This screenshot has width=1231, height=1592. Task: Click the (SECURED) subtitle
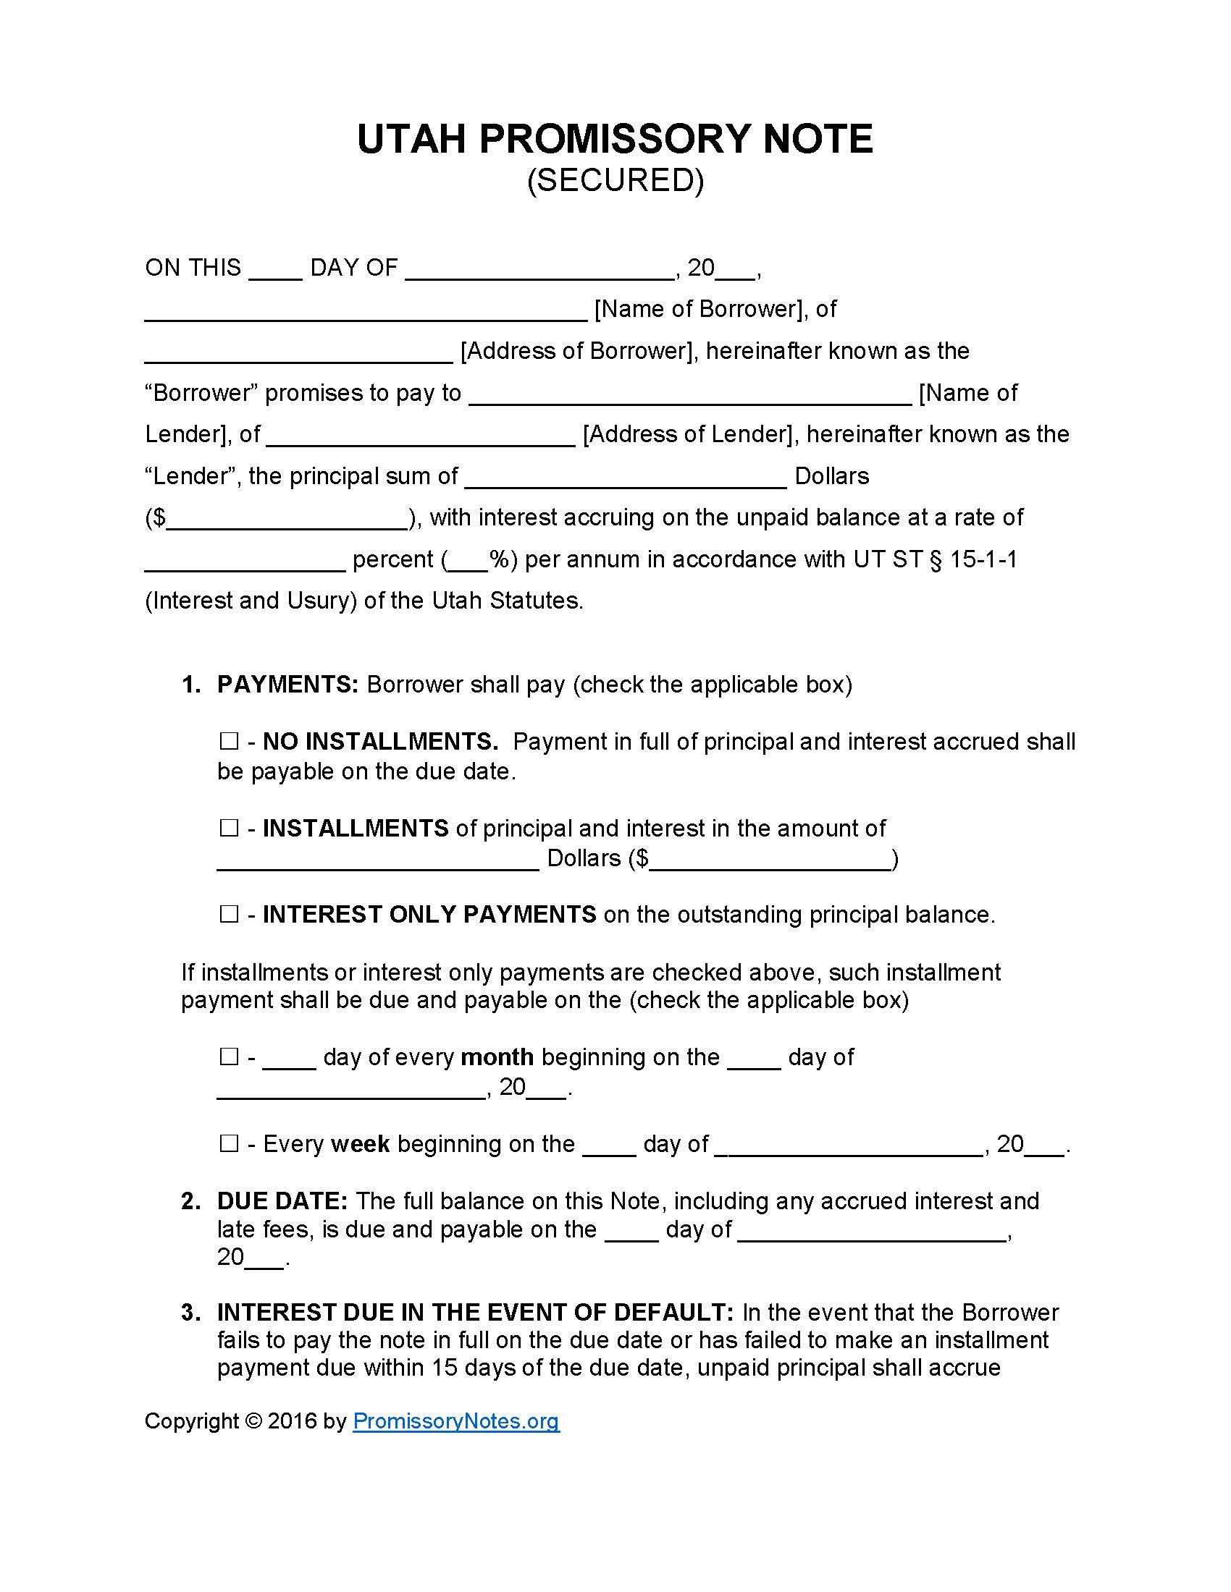click(615, 180)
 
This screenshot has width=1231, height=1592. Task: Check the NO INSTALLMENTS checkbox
click(229, 742)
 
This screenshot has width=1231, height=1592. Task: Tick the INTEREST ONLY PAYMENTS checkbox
click(229, 914)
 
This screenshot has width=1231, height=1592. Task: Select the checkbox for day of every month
click(229, 1057)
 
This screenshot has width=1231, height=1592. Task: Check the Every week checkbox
click(229, 1143)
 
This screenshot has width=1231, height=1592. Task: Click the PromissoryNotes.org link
click(455, 1420)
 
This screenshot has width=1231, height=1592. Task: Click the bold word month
click(497, 1057)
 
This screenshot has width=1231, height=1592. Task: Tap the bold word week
click(361, 1143)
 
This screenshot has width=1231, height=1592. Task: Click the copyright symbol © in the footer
click(253, 1420)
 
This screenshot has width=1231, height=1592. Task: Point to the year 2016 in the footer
click(293, 1420)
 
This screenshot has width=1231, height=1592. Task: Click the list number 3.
click(190, 1313)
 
